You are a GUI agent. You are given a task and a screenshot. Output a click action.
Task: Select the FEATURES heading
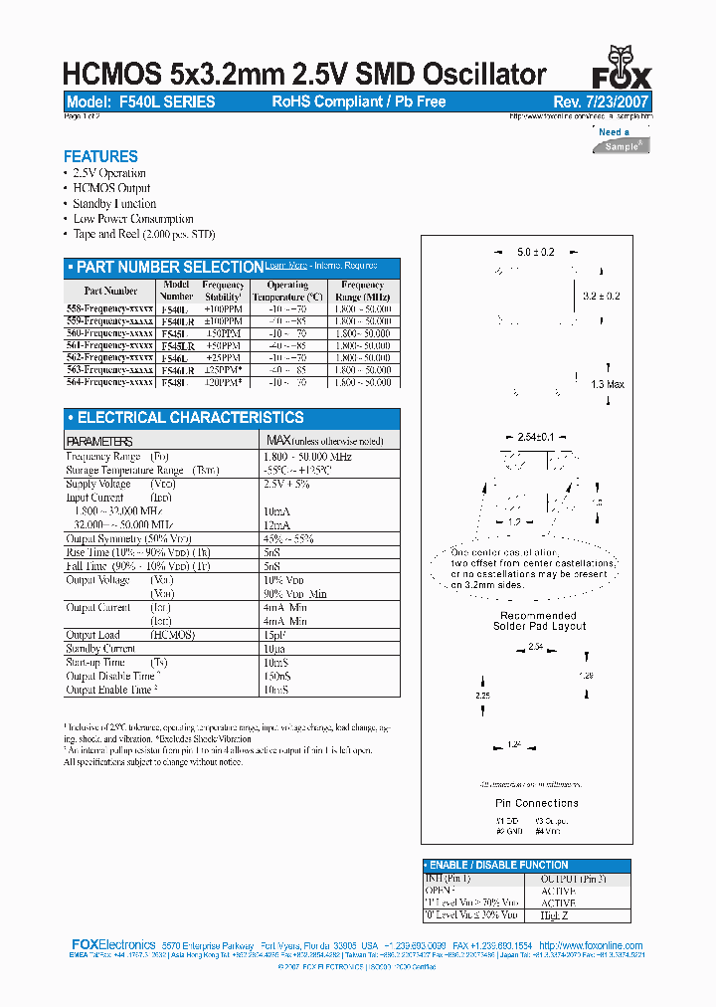point(100,156)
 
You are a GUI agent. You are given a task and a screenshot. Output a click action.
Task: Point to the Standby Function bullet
point(114,204)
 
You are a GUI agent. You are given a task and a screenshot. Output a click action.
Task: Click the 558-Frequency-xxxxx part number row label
point(109,309)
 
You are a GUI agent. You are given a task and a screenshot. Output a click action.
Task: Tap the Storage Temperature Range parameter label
point(124,470)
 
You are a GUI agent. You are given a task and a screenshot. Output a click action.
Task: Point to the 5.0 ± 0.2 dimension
point(535,253)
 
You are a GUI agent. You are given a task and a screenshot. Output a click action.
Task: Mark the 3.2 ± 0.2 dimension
point(601,296)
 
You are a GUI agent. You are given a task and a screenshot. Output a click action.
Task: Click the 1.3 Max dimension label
point(608,384)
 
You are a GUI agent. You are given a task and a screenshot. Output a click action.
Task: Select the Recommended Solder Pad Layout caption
point(539,621)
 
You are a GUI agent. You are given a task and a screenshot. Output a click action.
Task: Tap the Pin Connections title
point(536,803)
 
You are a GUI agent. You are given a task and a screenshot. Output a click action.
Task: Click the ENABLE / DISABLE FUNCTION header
point(498,866)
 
